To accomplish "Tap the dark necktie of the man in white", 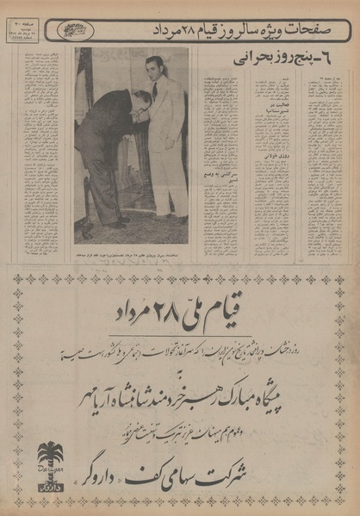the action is pyautogui.click(x=154, y=90).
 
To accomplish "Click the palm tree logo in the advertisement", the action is pyautogui.click(x=50, y=456).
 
